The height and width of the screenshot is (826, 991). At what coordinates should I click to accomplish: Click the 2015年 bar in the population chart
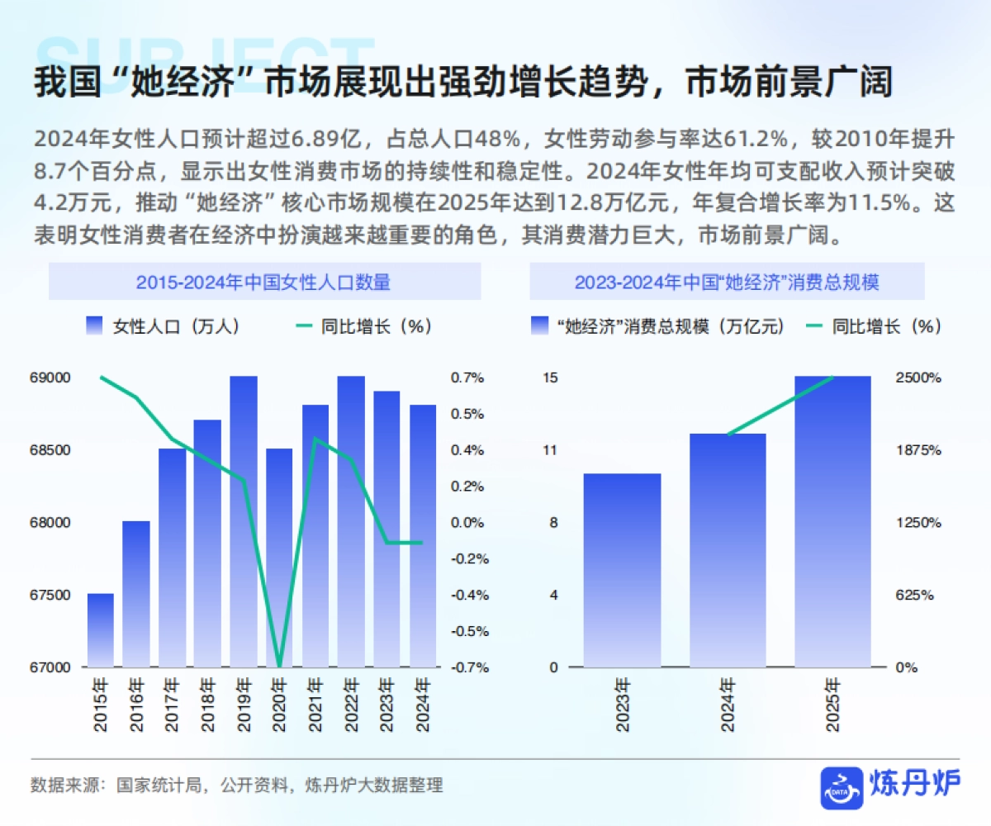click(x=101, y=629)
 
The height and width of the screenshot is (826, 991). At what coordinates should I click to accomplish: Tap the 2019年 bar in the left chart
click(x=244, y=520)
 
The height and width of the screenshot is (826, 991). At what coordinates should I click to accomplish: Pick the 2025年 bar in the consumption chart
click(x=832, y=520)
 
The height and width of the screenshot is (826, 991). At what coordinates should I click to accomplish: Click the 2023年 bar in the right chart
click(x=622, y=570)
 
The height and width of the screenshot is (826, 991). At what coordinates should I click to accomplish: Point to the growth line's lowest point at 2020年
click(x=280, y=665)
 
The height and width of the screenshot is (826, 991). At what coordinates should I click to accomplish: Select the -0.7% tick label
click(x=468, y=667)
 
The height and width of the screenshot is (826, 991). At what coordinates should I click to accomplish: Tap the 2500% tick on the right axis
click(x=918, y=377)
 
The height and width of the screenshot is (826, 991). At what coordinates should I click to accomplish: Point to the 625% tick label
click(x=915, y=595)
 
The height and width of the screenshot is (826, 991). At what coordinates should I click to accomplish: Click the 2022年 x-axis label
click(x=351, y=705)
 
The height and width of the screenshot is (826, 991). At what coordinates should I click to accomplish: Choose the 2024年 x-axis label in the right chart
click(x=728, y=705)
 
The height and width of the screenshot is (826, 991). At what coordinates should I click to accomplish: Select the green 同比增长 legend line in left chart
click(x=305, y=326)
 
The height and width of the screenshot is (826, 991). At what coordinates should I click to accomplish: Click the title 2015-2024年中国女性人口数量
click(x=263, y=282)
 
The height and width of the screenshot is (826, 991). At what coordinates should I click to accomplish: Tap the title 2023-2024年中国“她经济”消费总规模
click(x=727, y=282)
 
